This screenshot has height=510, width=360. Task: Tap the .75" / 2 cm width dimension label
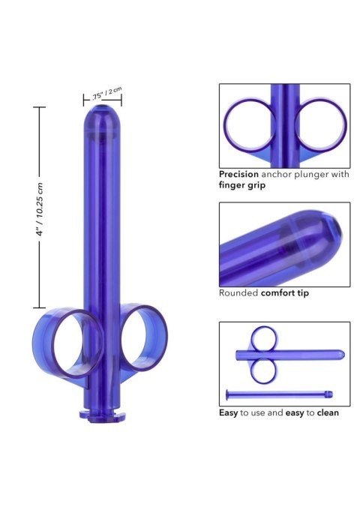point(106,94)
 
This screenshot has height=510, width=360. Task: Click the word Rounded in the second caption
point(236,293)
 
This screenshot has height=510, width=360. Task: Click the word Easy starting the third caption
point(229,412)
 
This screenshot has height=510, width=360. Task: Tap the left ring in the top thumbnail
point(247,121)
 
